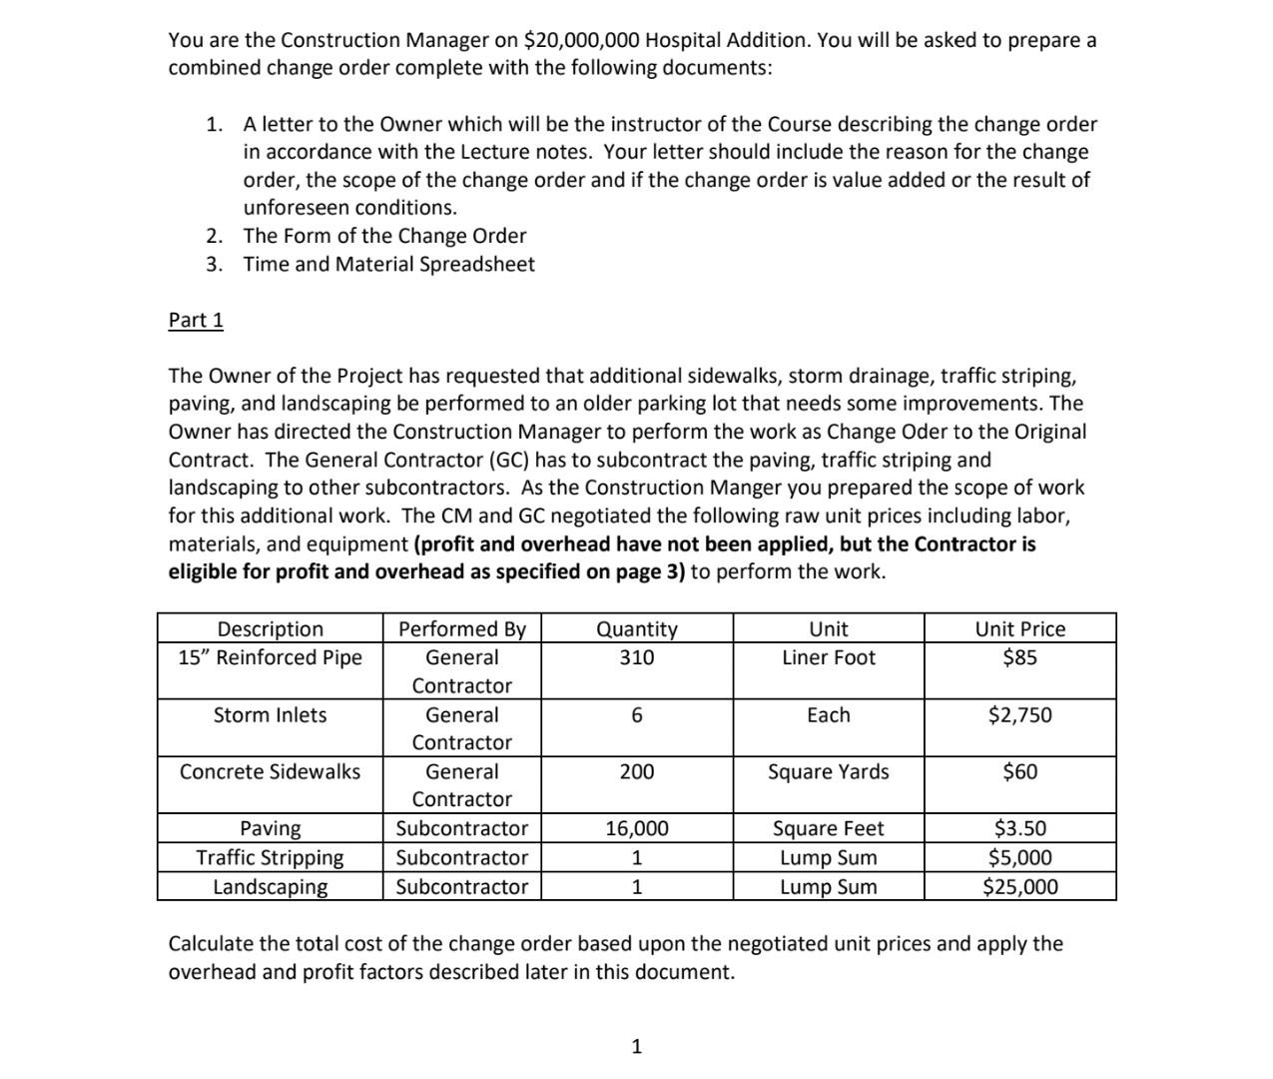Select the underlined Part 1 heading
click(196, 320)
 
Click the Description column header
click(270, 628)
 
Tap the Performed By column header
click(461, 628)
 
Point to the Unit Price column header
click(1019, 628)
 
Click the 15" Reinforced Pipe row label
click(270, 657)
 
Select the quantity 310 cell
click(636, 657)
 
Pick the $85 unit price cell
click(1019, 657)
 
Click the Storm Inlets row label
click(270, 714)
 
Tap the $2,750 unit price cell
click(1019, 714)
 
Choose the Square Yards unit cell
click(828, 771)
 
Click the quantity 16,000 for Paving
click(636, 828)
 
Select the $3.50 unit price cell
click(1019, 828)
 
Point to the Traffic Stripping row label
click(270, 857)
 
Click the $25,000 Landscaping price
click(1019, 886)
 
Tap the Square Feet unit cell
click(828, 828)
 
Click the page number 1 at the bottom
click(637, 1046)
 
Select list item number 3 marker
click(214, 264)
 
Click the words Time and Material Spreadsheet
click(388, 264)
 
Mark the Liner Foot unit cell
click(828, 657)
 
